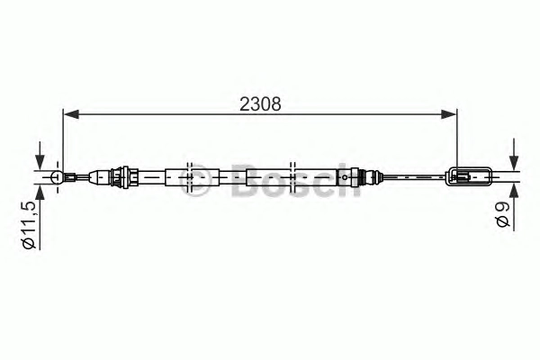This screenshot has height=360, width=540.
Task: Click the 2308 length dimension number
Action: tap(260, 104)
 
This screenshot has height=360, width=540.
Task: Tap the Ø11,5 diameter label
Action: tap(29, 225)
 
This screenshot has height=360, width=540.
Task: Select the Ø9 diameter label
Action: tap(503, 214)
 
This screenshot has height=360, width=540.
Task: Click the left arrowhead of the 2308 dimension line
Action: tap(71, 114)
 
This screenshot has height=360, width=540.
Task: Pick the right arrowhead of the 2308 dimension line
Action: tap(449, 114)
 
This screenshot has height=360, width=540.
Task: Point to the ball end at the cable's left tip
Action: tap(57, 177)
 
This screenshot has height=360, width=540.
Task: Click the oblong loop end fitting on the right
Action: tap(468, 177)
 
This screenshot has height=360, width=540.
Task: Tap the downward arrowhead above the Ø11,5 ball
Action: tap(40, 162)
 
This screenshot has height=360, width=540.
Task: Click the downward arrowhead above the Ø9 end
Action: tap(514, 163)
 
